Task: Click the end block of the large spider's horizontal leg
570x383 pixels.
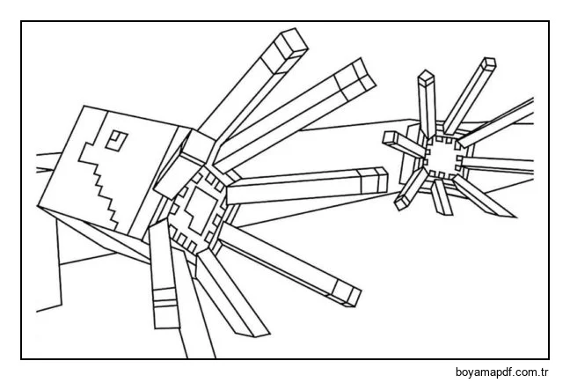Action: click(374, 180)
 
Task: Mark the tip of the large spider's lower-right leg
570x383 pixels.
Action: click(347, 293)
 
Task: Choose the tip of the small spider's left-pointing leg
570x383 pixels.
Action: click(391, 139)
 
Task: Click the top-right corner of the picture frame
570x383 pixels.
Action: click(548, 22)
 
